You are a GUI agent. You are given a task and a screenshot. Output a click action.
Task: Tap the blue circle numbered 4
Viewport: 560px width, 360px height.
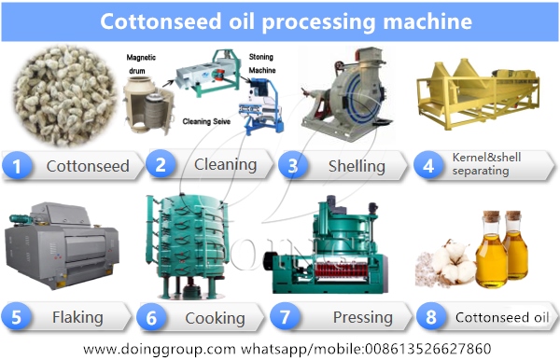(429, 166)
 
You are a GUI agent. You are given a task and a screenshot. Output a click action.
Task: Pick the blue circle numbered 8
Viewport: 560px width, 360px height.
(429, 317)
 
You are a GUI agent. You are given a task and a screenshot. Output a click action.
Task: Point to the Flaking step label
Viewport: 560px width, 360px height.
(78, 317)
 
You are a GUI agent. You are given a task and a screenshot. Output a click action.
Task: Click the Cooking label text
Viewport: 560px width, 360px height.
(214, 318)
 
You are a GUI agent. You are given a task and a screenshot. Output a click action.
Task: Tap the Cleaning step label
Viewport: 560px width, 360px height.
(225, 165)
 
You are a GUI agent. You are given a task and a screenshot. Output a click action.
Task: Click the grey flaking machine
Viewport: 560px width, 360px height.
(61, 247)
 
